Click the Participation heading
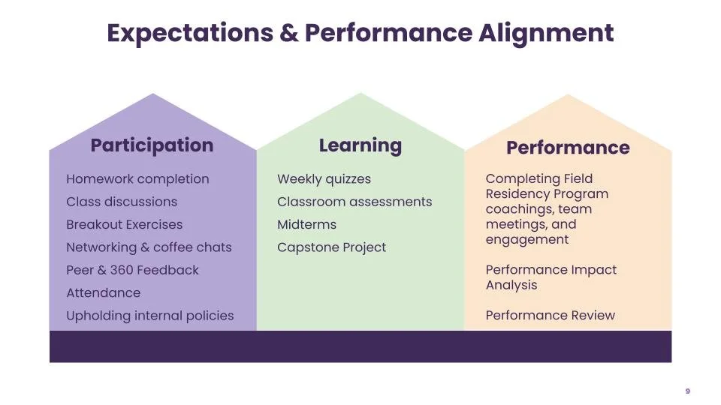[x=152, y=145]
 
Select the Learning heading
[x=360, y=145]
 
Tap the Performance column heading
[x=568, y=148]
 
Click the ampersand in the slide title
[x=290, y=34]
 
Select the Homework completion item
[x=137, y=179]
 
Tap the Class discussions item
[x=122, y=202]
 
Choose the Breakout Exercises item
[x=124, y=224]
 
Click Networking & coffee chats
[x=149, y=247]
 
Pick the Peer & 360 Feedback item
[x=132, y=270]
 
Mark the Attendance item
[x=103, y=293]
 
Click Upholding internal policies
[x=149, y=316]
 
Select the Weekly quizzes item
[x=324, y=179]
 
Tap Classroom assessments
[x=354, y=202]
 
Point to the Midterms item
[x=306, y=224]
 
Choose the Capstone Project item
[x=331, y=247]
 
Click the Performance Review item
[x=550, y=316]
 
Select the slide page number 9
[x=687, y=391]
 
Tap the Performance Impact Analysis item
[x=551, y=277]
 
